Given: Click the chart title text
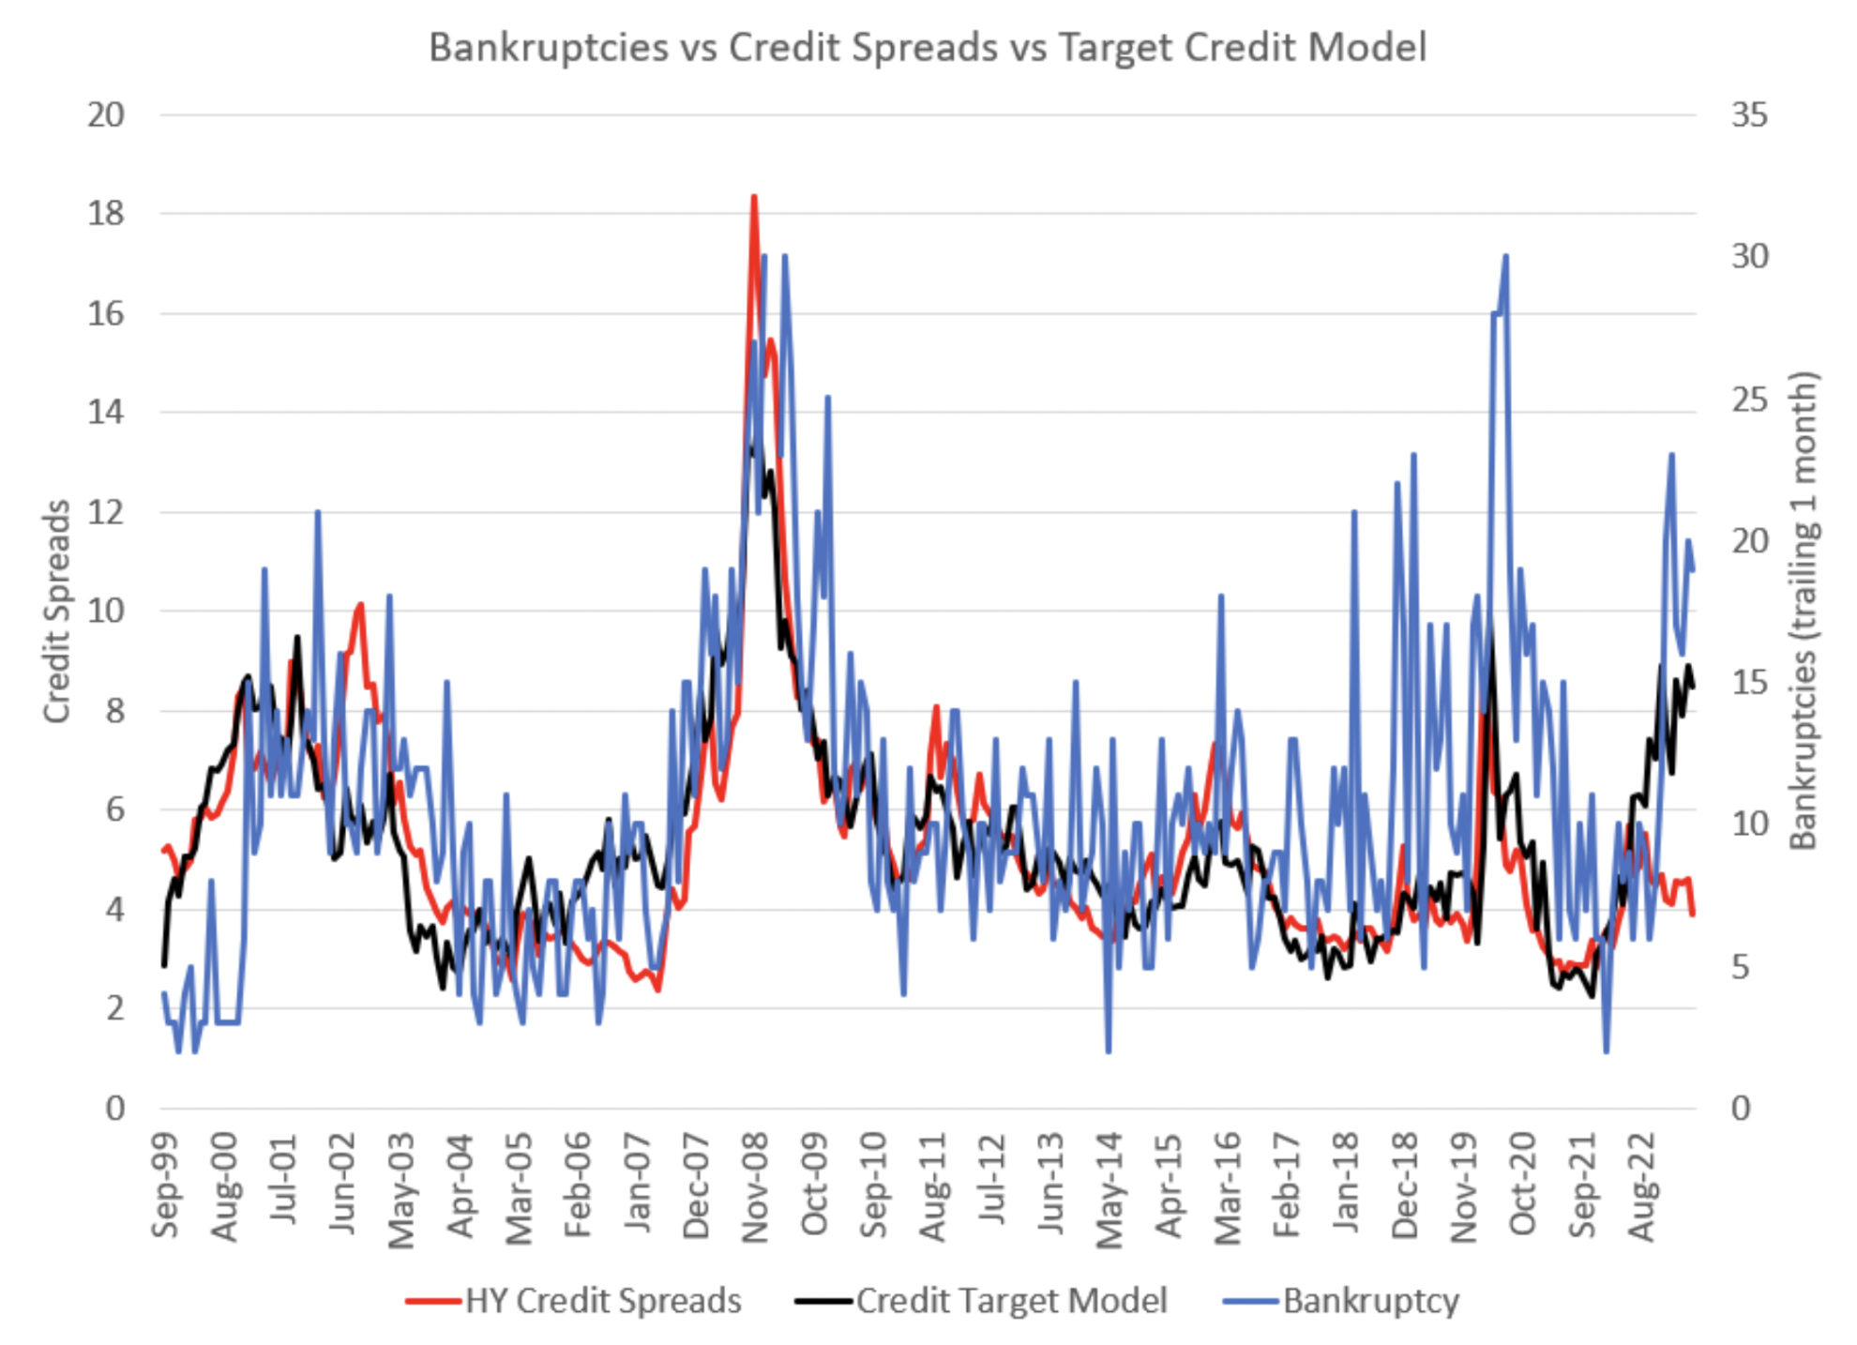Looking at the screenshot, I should (927, 47).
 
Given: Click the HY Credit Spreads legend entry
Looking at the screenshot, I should (602, 1301).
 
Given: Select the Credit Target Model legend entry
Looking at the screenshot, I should (1011, 1301).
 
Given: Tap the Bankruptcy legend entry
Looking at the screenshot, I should (1370, 1301).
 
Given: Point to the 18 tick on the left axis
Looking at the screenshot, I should (106, 214).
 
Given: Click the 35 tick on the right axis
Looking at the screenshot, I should (1749, 115).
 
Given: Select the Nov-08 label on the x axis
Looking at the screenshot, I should (756, 1187).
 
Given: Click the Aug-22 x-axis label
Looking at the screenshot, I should (1642, 1187).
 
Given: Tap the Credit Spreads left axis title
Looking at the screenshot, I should (57, 611).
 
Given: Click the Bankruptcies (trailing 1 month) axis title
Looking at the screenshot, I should (1803, 611).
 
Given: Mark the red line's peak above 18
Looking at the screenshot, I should (754, 197).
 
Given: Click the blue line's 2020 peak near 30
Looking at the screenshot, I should (1505, 255).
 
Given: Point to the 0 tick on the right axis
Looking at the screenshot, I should (1741, 1109).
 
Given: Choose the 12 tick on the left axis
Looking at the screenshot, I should (106, 512).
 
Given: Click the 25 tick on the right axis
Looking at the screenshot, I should (1749, 400).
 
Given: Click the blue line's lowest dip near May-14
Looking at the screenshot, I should (1109, 1050).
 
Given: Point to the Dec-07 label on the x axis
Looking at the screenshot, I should (697, 1187).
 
